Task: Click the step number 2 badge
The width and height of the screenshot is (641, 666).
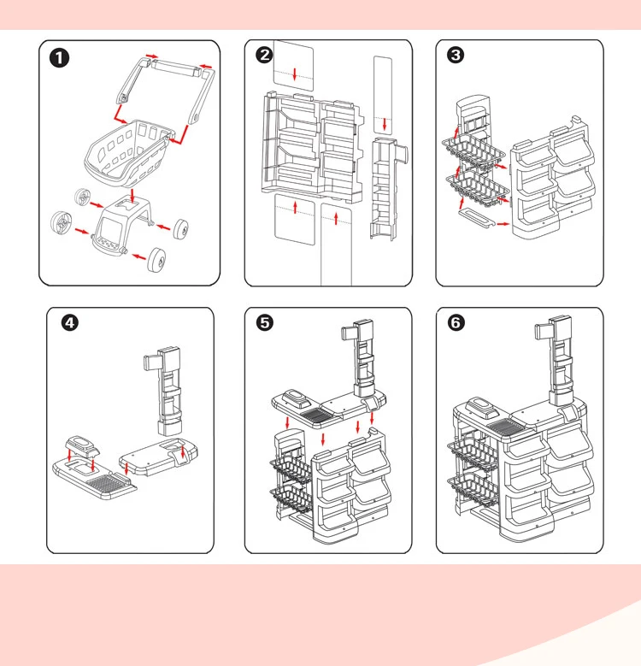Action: click(265, 56)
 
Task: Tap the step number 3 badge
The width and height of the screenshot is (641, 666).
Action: click(456, 56)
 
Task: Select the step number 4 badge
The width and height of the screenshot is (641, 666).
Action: click(71, 323)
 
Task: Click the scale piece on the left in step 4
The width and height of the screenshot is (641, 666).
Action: click(82, 447)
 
